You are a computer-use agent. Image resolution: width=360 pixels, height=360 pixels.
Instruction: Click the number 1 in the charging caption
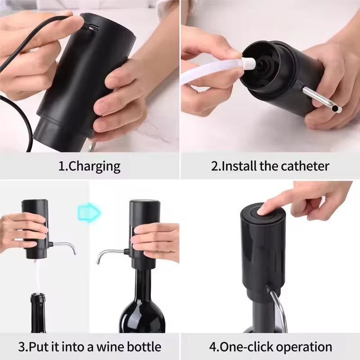click(x=62, y=166)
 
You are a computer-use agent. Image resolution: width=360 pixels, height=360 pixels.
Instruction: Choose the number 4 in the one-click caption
click(x=212, y=347)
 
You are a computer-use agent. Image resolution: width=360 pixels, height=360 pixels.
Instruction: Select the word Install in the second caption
click(x=237, y=166)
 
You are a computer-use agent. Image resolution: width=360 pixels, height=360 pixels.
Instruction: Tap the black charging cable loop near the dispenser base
click(x=22, y=121)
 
